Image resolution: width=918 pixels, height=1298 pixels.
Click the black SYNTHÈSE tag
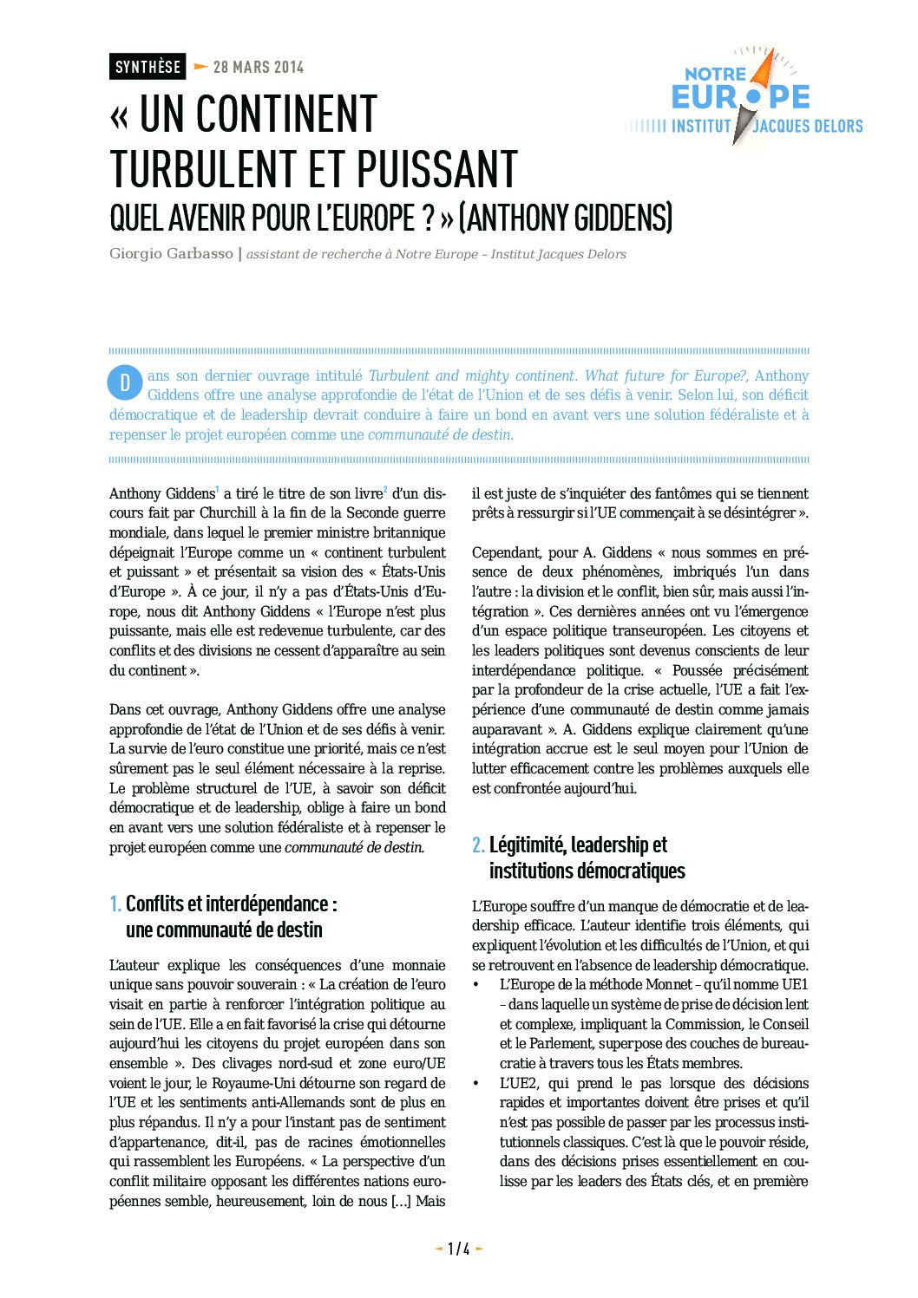[148, 67]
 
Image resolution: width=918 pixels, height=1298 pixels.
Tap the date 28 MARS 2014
[258, 67]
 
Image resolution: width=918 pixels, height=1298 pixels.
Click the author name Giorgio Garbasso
[171, 254]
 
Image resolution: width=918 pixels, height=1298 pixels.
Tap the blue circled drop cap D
[125, 382]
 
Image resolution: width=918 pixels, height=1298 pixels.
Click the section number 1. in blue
[115, 903]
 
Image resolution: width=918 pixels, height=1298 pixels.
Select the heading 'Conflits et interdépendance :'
[231, 903]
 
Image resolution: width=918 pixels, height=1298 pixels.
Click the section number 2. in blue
[478, 845]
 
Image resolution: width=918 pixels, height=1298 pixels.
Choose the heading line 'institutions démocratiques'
[587, 871]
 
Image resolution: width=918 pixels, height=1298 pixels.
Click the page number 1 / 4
[458, 1249]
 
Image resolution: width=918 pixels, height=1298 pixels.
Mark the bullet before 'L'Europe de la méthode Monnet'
[475, 985]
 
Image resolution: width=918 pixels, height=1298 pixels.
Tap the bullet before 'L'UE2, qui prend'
[475, 1084]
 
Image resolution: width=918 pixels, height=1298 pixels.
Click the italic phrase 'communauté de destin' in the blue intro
[440, 434]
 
